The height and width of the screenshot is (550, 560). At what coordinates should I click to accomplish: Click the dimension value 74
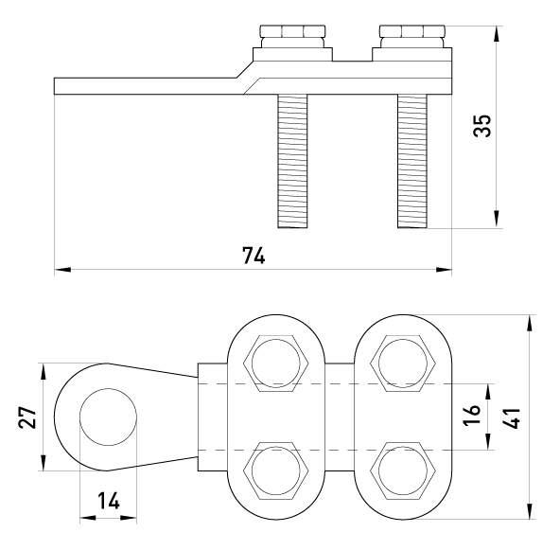pyautogui.click(x=254, y=256)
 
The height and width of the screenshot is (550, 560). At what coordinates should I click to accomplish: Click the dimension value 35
pyautogui.click(x=482, y=126)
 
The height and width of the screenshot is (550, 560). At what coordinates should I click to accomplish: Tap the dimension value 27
pyautogui.click(x=27, y=417)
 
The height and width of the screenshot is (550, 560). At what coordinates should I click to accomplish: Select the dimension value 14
pyautogui.click(x=109, y=501)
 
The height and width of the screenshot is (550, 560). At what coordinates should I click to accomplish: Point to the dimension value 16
pyautogui.click(x=472, y=416)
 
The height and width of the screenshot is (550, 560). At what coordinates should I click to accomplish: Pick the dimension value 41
pyautogui.click(x=512, y=417)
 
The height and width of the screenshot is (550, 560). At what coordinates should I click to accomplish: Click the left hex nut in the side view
pyautogui.click(x=293, y=31)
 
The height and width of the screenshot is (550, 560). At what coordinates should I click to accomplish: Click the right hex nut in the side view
pyautogui.click(x=412, y=31)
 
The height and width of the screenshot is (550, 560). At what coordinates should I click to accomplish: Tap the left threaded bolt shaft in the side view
pyautogui.click(x=292, y=161)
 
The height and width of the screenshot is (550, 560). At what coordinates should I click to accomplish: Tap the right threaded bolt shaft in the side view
pyautogui.click(x=412, y=161)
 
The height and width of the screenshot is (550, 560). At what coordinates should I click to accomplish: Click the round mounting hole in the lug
pyautogui.click(x=108, y=417)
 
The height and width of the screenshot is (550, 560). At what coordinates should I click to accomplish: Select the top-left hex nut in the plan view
pyautogui.click(x=275, y=364)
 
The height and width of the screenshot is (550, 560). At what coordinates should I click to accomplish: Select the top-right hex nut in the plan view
pyautogui.click(x=403, y=364)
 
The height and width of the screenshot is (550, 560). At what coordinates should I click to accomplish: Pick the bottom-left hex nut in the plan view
pyautogui.click(x=275, y=470)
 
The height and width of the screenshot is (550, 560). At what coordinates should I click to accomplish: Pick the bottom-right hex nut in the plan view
pyautogui.click(x=403, y=470)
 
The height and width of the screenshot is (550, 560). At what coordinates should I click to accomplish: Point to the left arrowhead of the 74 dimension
pyautogui.click(x=62, y=270)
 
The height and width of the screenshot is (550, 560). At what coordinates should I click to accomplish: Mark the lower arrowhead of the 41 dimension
pyautogui.click(x=529, y=510)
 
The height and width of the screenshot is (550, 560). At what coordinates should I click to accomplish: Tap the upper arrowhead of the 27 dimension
pyautogui.click(x=43, y=372)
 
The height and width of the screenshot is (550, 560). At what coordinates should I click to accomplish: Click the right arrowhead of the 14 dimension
pyautogui.click(x=129, y=517)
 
